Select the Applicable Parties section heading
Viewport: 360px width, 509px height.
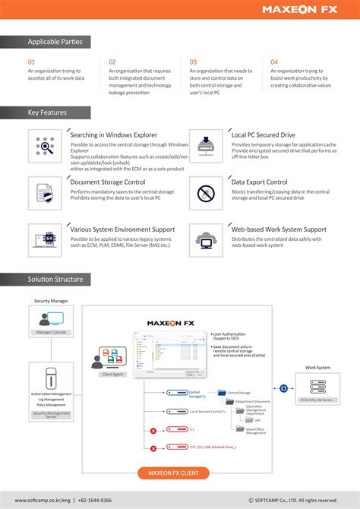(55, 42)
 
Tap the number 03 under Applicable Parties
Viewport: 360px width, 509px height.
(194, 62)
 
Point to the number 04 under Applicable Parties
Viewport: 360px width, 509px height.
(274, 62)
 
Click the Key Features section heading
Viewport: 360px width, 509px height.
(49, 112)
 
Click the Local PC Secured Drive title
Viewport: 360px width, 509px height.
(263, 134)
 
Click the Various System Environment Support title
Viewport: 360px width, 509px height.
(122, 229)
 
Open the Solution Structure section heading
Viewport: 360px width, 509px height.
(55, 280)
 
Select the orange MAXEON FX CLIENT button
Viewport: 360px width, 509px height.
(179, 473)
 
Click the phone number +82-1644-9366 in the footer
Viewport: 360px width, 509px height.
(95, 500)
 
